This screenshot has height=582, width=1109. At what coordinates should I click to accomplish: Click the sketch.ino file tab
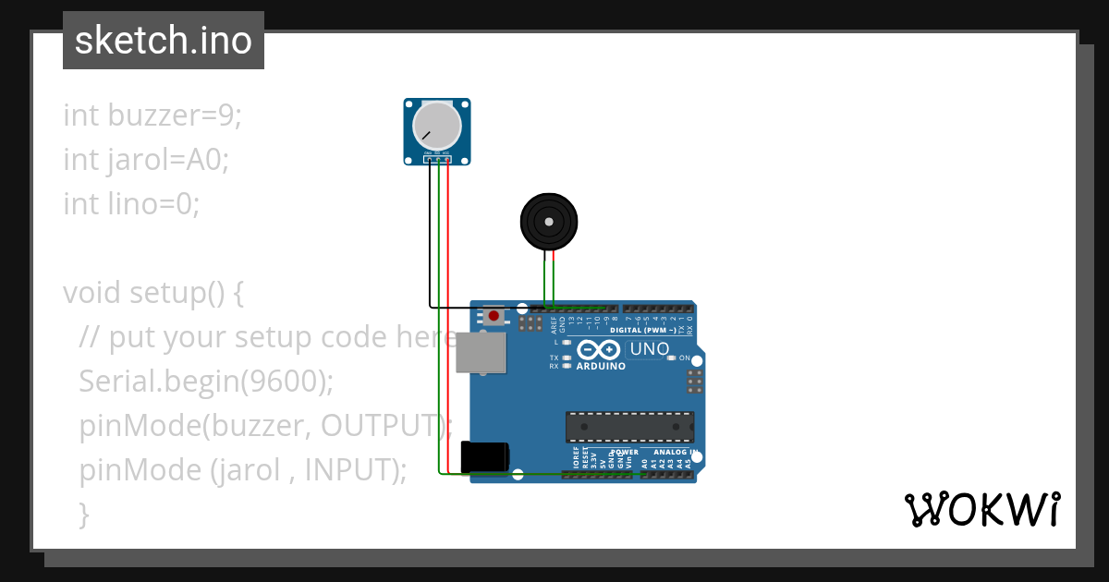tap(164, 41)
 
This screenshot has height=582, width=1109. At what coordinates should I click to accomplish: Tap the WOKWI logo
tap(981, 509)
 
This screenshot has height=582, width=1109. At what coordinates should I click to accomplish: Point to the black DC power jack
tap(484, 457)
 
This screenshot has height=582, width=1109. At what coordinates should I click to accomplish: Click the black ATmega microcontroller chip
tap(629, 427)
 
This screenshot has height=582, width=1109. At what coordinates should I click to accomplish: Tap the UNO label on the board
tap(648, 349)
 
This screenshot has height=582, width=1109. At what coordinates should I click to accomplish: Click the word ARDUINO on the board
tap(601, 366)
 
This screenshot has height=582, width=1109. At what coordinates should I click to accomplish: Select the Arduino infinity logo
tap(599, 349)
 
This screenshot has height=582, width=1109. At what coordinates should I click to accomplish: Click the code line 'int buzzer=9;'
tap(152, 115)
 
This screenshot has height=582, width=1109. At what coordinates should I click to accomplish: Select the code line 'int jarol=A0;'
tap(146, 160)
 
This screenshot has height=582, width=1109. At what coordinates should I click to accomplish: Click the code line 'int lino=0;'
tap(131, 203)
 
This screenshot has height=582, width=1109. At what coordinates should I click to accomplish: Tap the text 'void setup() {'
tap(153, 293)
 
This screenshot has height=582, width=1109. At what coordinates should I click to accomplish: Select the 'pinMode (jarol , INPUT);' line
tap(243, 469)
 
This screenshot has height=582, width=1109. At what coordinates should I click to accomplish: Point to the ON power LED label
tap(685, 358)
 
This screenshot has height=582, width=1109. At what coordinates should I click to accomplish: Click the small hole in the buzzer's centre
tap(549, 222)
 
